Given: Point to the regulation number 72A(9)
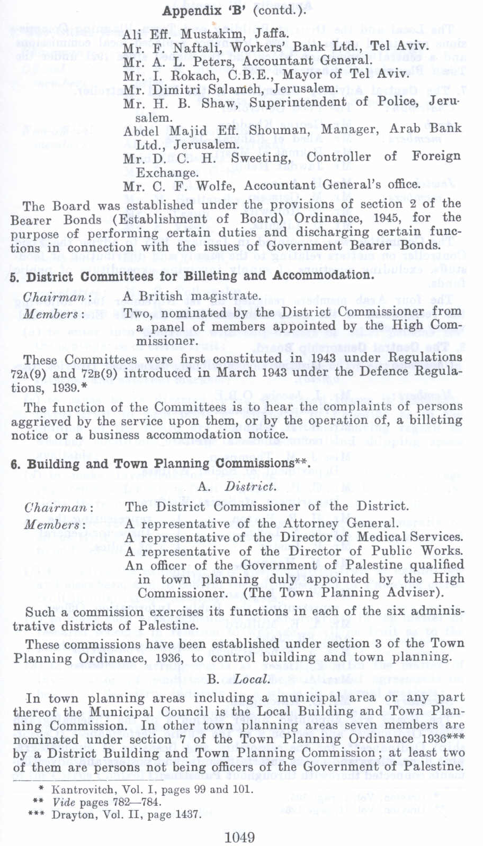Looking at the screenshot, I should pyautogui.click(x=29, y=373).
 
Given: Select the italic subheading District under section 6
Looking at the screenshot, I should pyautogui.click(x=250, y=486).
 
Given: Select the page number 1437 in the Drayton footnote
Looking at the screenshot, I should pyautogui.click(x=187, y=814).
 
